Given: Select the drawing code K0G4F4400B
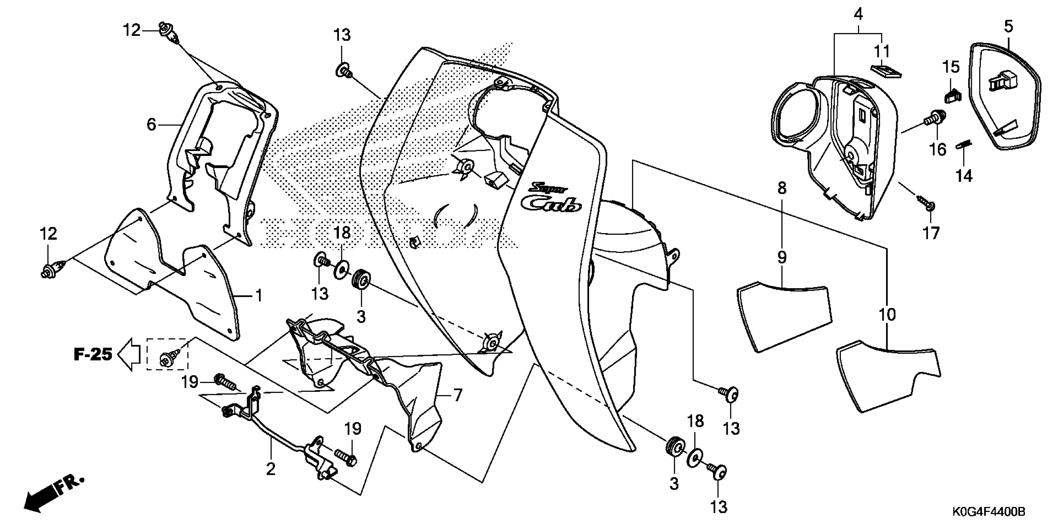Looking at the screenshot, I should (x=989, y=512).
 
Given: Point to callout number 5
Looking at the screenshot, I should (x=1008, y=27).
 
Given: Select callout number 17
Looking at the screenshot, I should (x=931, y=233).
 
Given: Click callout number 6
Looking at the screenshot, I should (x=152, y=124).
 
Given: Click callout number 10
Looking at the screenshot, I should (x=887, y=315).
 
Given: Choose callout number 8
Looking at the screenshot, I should (x=782, y=188).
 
